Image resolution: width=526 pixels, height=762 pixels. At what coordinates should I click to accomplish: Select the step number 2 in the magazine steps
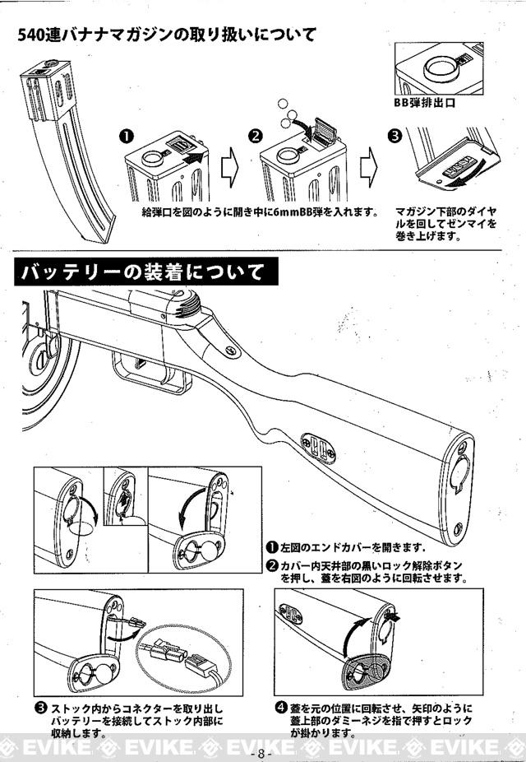[x=256, y=134]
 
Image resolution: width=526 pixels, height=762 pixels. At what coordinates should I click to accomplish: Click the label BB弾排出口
[x=424, y=105]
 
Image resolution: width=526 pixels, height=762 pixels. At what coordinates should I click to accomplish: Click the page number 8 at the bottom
[x=262, y=753]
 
